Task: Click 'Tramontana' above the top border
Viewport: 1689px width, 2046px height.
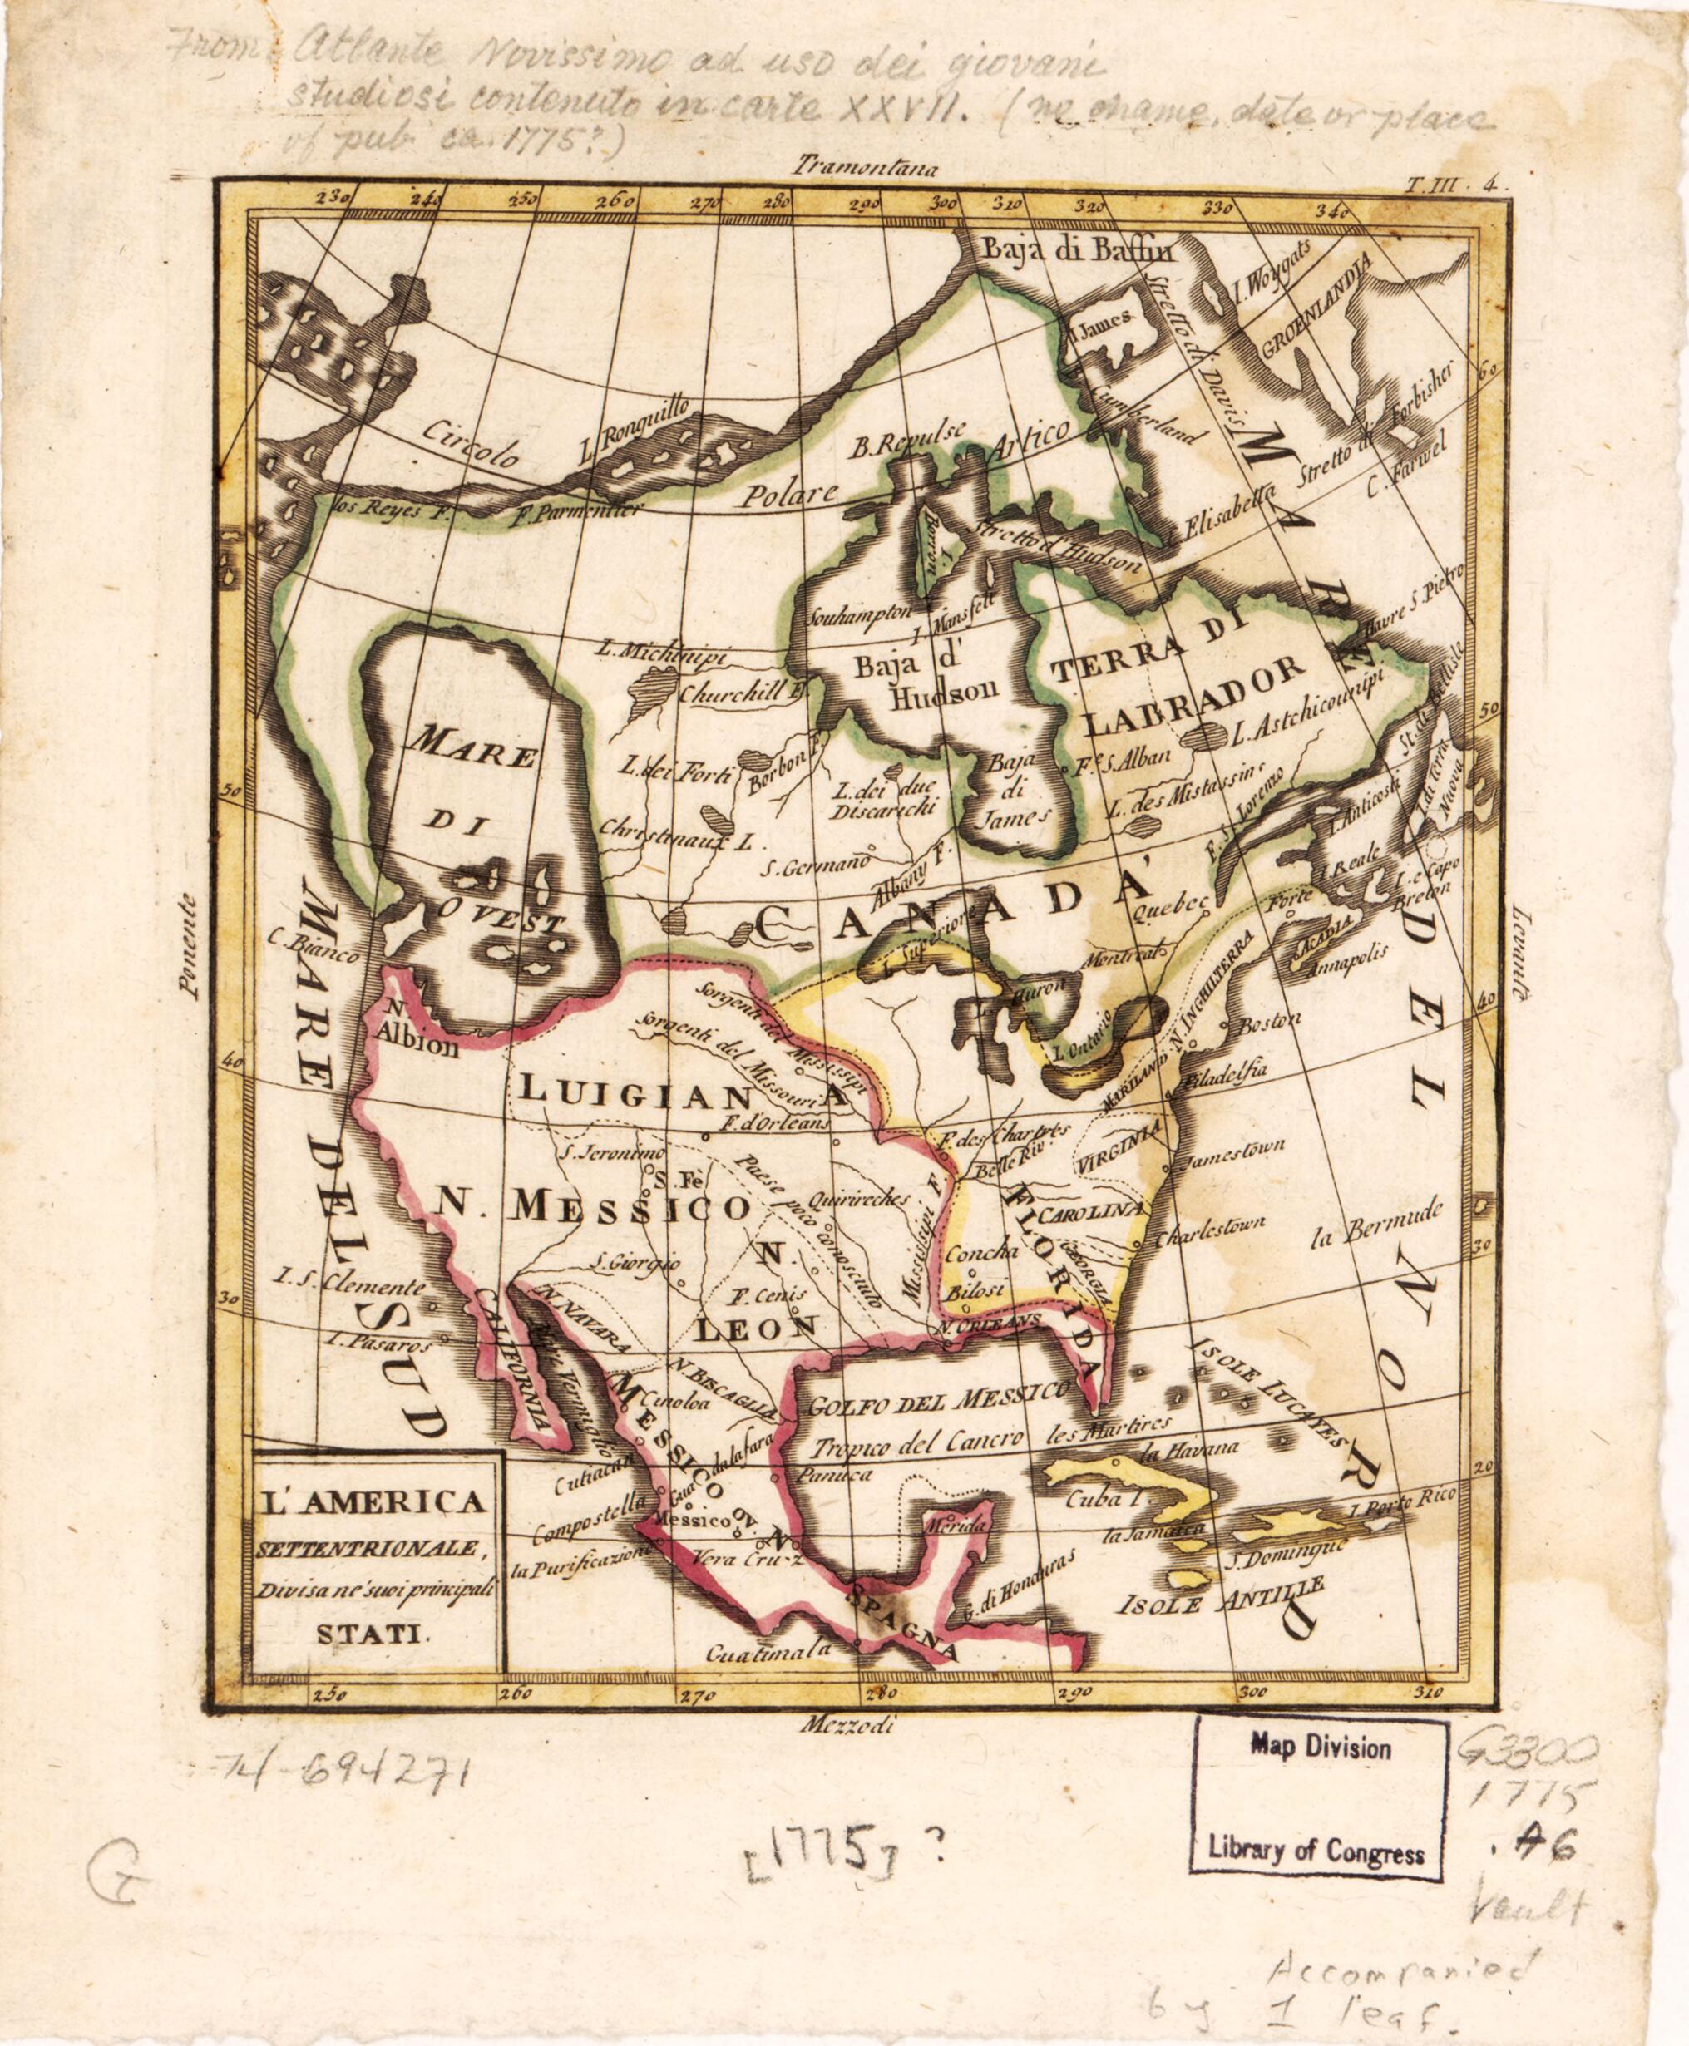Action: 863,166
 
